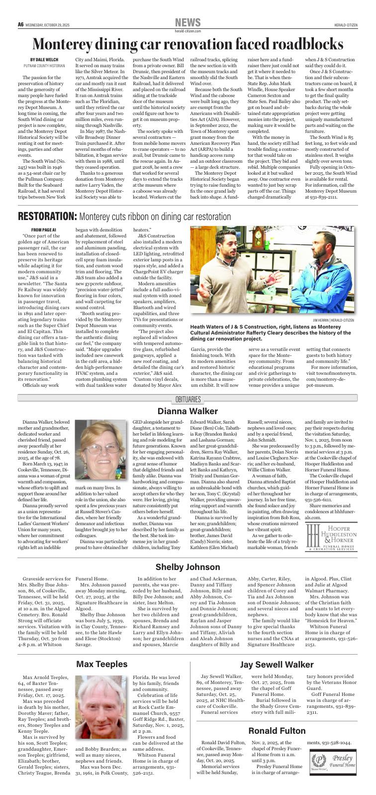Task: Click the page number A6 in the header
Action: coord(21,24)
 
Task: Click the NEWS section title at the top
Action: coord(188,22)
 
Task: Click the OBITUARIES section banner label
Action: coord(188,399)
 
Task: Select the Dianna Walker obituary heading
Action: coord(188,411)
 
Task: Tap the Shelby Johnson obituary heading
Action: coord(188,567)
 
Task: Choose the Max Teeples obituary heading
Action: coord(101,664)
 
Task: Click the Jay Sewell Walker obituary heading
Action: coord(277,665)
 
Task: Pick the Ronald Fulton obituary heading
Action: coord(277,731)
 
